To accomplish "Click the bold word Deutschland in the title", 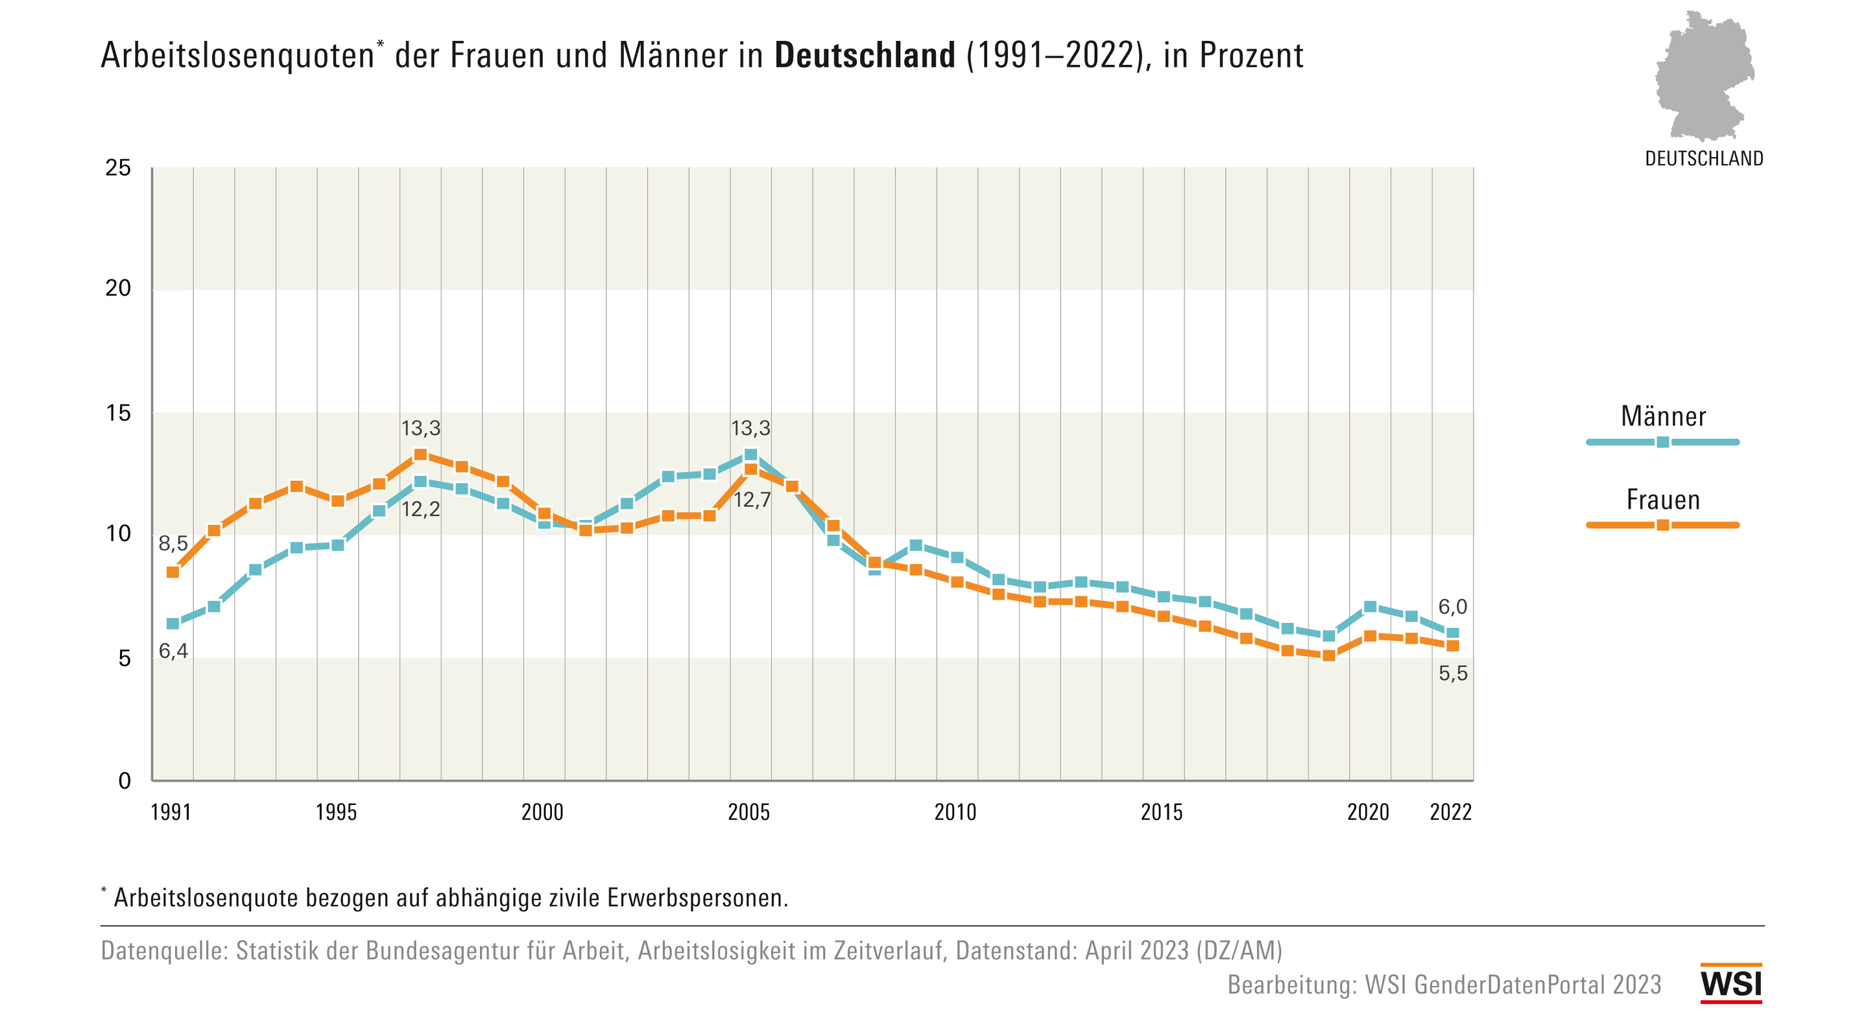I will [x=865, y=56].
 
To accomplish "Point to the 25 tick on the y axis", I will [x=118, y=168].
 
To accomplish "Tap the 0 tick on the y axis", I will [x=125, y=780].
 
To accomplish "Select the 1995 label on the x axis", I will [x=337, y=812].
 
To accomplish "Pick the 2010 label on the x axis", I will [x=955, y=812].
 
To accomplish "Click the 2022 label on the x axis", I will [x=1450, y=812].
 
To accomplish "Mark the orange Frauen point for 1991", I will [x=173, y=572].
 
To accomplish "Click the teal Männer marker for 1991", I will [x=173, y=624].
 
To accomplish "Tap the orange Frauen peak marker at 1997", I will [x=420, y=454].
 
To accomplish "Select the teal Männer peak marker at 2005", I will [x=750, y=455].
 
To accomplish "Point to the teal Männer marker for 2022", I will [x=1452, y=633].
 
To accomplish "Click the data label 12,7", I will [x=752, y=500].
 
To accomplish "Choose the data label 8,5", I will [x=173, y=543].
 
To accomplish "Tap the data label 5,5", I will [x=1452, y=673].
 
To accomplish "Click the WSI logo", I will [x=1731, y=984].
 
